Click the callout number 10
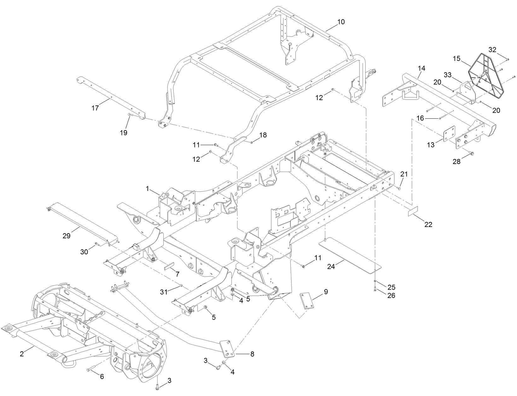[341, 22]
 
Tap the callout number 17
[95, 108]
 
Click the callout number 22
[428, 224]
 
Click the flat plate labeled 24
[350, 254]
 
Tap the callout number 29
[66, 236]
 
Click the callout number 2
[22, 354]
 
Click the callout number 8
[252, 354]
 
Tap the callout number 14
[421, 68]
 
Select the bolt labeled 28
[471, 153]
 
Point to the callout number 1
[147, 189]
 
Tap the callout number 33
[448, 75]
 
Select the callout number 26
[391, 296]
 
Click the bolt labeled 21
[399, 188]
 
